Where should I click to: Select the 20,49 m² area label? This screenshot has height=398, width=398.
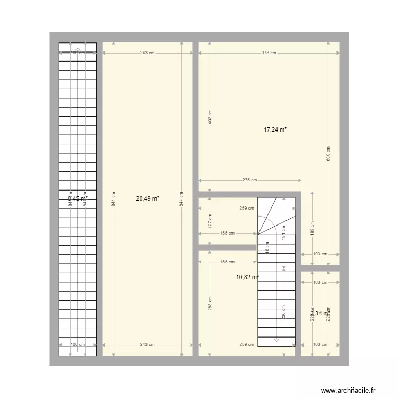(x=148, y=198)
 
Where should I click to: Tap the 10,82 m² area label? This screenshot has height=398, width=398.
(x=247, y=277)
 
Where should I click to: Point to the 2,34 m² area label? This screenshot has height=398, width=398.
(x=320, y=314)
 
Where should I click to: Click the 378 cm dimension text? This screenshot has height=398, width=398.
(x=269, y=53)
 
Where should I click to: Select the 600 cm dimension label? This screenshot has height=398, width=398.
(x=328, y=153)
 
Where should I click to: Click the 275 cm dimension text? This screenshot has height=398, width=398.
(x=249, y=180)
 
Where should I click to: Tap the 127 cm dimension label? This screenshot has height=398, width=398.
(x=210, y=220)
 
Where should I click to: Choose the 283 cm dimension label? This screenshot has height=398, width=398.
(x=210, y=304)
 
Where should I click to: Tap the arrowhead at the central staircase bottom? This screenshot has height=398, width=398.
(x=276, y=340)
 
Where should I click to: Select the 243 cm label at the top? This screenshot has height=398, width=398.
(x=148, y=53)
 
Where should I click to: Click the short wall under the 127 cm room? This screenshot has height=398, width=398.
(x=227, y=247)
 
